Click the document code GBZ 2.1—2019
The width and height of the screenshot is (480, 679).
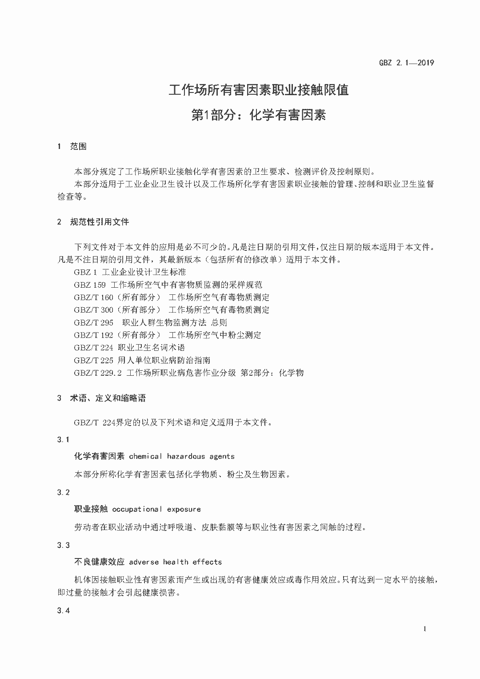[406, 63]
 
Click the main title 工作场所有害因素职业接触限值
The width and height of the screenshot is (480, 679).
[259, 90]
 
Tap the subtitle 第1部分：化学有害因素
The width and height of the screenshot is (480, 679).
[259, 115]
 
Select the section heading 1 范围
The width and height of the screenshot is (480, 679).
[72, 146]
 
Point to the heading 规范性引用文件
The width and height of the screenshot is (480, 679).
[100, 221]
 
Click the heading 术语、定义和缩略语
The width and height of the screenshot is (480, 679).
[108, 398]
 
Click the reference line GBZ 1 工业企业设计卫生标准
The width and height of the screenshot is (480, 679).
[130, 272]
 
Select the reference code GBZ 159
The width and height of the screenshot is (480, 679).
[90, 285]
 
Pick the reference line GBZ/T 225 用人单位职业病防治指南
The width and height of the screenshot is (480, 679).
[142, 360]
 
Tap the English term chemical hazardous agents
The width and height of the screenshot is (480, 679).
[182, 456]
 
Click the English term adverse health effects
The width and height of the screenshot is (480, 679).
[175, 562]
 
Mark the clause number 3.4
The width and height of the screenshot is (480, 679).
[64, 611]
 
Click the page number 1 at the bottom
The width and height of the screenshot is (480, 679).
[425, 629]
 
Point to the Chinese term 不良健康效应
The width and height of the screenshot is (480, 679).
[99, 562]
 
